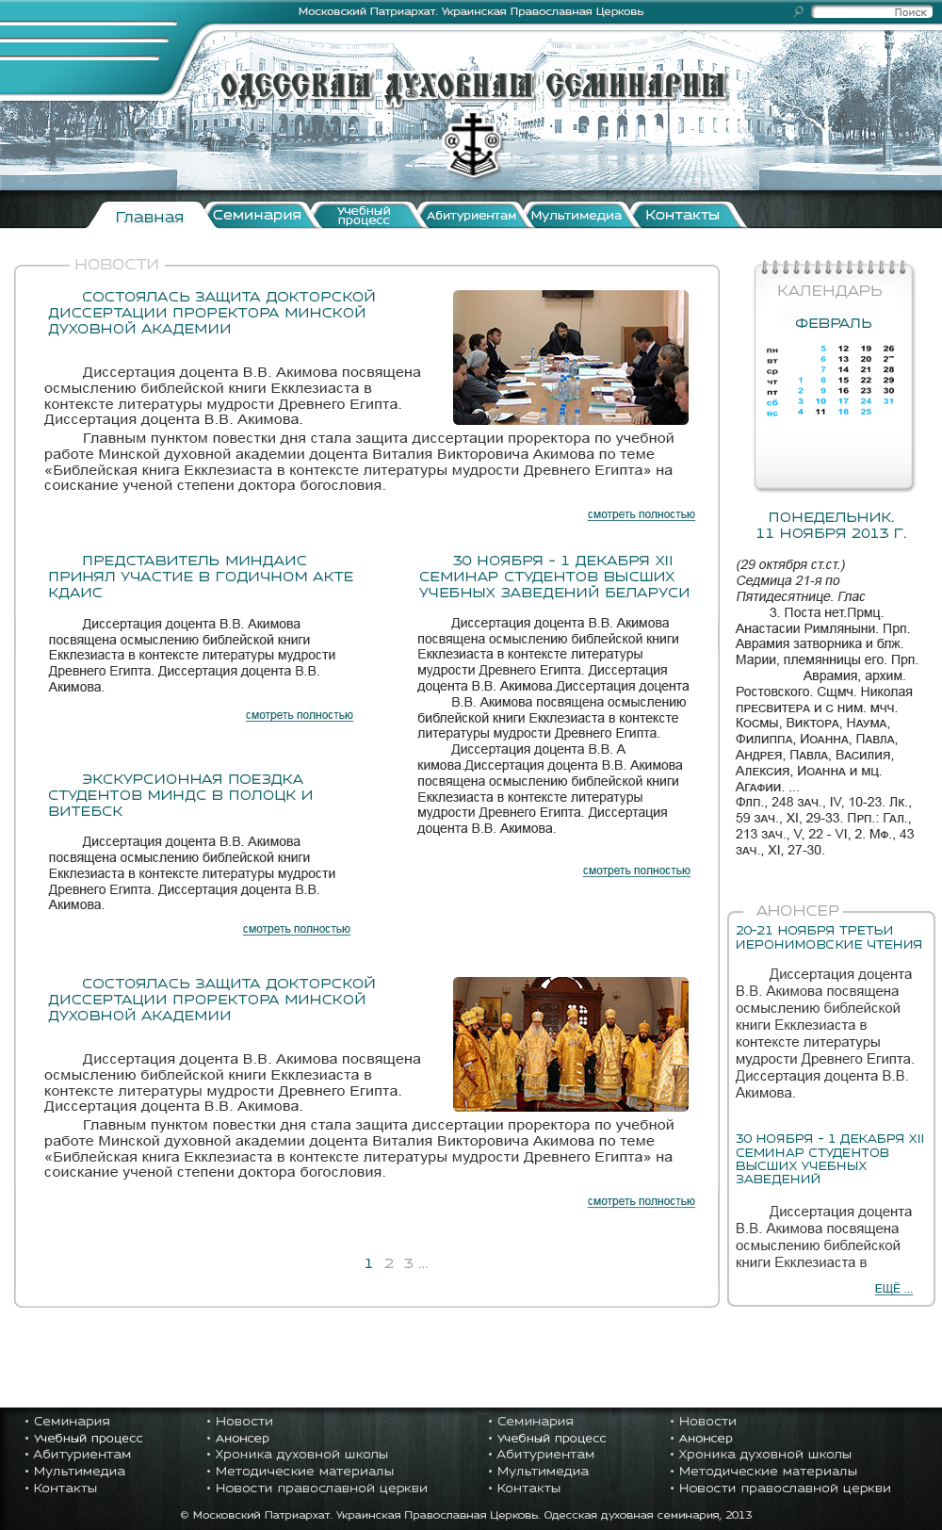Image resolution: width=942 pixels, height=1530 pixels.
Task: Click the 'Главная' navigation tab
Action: click(149, 217)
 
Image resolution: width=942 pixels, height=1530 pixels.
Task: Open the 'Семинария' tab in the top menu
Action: click(256, 215)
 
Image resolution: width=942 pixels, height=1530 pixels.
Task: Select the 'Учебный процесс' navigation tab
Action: click(364, 216)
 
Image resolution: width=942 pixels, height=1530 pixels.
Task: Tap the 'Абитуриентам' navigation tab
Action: click(471, 216)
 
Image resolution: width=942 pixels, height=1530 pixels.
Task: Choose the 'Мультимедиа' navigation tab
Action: click(576, 216)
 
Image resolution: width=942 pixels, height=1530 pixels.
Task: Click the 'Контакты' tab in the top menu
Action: click(682, 215)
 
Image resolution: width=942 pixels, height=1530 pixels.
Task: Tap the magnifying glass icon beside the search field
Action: click(799, 12)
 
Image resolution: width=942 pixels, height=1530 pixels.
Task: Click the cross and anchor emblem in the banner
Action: click(471, 146)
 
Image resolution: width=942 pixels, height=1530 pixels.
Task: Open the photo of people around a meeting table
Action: click(570, 357)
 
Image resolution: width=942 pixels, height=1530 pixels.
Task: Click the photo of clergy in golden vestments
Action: click(570, 1044)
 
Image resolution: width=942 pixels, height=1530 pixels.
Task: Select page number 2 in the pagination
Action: click(389, 1263)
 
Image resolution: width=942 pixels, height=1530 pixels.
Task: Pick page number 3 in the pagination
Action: click(409, 1263)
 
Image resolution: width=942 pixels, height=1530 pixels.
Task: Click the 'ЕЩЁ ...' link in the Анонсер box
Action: click(893, 1289)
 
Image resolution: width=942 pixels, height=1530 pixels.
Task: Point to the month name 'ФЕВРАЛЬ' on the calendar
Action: click(834, 323)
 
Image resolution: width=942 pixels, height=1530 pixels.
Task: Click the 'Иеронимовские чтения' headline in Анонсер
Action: click(828, 937)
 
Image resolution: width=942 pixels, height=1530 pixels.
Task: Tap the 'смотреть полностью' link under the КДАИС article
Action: click(300, 715)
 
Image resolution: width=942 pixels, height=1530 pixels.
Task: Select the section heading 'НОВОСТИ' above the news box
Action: click(117, 265)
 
